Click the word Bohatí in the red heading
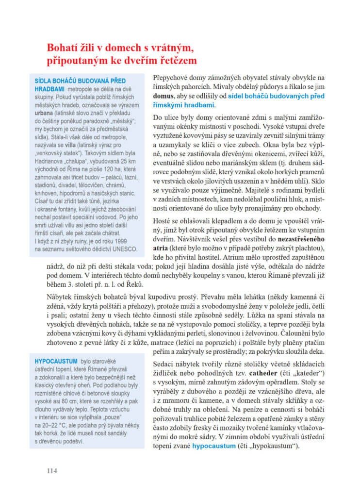click(63, 49)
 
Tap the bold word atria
click(162, 248)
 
